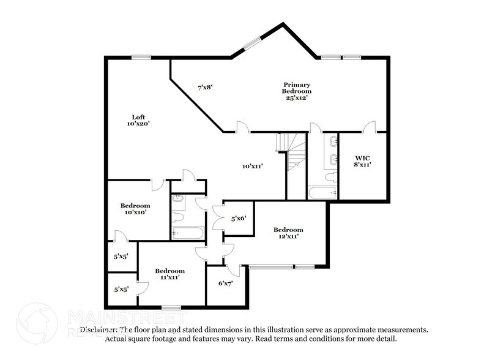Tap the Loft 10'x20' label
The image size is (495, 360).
(138, 120)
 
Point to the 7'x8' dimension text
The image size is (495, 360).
(204, 88)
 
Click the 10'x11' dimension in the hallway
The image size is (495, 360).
(252, 165)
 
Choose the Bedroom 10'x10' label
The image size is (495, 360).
(135, 209)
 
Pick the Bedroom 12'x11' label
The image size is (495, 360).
(288, 233)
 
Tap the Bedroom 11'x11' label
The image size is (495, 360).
(169, 274)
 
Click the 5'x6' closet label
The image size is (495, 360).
(239, 218)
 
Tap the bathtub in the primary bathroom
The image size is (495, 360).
(322, 193)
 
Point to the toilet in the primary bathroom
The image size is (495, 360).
(330, 178)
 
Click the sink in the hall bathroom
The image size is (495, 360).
(179, 198)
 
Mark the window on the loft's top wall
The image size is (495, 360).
(141, 58)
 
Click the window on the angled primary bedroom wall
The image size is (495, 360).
(251, 44)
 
